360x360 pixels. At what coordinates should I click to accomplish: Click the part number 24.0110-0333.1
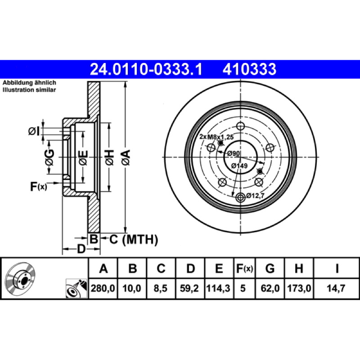coord(146,69)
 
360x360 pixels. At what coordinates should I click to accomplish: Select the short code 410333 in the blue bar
coord(249,69)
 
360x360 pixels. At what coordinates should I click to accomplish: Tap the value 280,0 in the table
coord(103,288)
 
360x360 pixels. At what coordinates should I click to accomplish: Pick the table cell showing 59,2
coord(189,288)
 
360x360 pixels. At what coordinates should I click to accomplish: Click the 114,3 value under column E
coord(218,288)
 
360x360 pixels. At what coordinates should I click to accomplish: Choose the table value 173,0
coord(299,288)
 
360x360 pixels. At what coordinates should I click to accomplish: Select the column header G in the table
coord(270,268)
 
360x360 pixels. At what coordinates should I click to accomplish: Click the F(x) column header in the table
coord(244,268)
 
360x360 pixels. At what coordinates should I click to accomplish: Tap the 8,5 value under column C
coord(161,288)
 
